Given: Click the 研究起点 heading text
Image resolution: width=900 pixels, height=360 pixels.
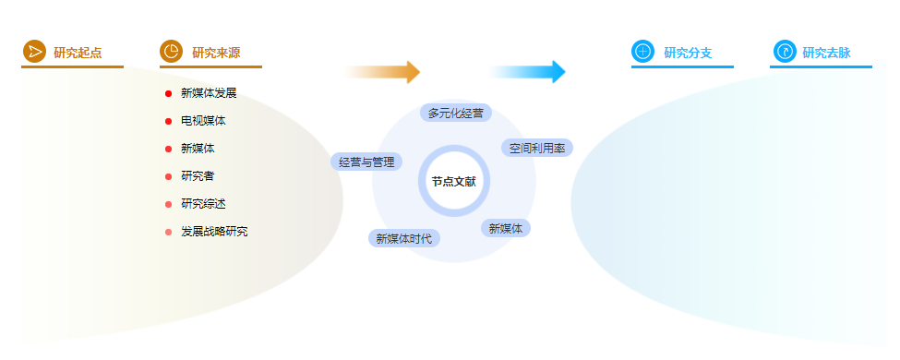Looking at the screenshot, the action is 78,53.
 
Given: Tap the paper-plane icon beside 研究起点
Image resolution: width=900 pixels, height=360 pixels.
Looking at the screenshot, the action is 34,51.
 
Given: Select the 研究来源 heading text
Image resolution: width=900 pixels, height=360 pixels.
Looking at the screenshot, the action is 216,53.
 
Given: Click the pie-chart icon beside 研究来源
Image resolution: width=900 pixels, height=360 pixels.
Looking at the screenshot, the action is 171,51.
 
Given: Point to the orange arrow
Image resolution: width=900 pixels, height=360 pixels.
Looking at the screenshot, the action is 382,72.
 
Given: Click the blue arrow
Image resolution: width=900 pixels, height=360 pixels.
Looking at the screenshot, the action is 527,72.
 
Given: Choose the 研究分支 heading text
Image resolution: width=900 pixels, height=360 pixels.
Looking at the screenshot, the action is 688,53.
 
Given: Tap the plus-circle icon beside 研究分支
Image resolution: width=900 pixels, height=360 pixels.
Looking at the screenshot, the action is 642,51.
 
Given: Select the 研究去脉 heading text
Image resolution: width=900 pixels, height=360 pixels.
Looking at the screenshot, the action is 826,53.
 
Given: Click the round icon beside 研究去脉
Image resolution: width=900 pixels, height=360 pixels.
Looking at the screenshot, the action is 785,51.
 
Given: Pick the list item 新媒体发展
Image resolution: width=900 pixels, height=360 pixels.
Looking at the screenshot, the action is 209,93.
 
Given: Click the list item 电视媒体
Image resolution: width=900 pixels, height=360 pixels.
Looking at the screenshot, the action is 203,121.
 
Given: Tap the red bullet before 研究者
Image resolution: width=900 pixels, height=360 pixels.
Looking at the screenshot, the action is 168,176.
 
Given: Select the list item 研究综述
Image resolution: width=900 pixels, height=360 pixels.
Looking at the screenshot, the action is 203,204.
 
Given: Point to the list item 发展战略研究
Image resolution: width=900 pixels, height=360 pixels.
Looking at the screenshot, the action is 215,232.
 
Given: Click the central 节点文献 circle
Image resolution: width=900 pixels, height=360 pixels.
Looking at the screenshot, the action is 453,182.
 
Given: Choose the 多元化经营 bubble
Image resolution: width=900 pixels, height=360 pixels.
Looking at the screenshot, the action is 456,113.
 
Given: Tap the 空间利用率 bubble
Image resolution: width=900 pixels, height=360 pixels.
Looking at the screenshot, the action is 537,148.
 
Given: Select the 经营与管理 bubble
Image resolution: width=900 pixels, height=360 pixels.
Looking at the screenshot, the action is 366,162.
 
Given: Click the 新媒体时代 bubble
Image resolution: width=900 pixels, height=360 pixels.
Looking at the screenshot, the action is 404,238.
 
